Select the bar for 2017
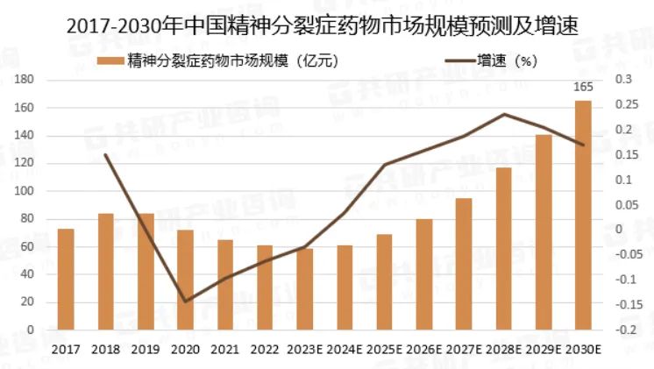click(66, 280)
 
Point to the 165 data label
click(583, 88)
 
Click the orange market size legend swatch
click(110, 60)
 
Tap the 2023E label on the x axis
click(304, 349)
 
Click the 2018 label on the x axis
click(105, 349)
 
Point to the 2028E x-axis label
click(503, 349)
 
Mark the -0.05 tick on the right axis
click(628, 255)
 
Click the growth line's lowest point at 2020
click(185, 302)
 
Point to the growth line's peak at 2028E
click(504, 114)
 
